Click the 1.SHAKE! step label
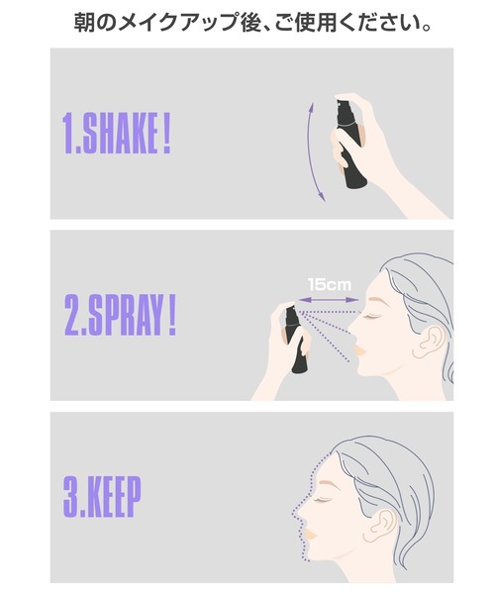[x=116, y=134]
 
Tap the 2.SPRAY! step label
[x=120, y=316]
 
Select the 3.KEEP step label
[x=102, y=497]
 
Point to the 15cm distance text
[x=329, y=284]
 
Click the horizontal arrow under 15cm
[x=329, y=300]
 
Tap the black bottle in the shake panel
[x=349, y=144]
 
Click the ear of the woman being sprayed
[x=430, y=343]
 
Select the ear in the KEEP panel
[x=380, y=526]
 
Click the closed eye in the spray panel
[x=371, y=316]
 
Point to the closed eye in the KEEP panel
[x=322, y=499]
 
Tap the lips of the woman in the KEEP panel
[x=309, y=535]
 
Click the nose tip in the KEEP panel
[x=298, y=512]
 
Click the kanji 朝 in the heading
[x=84, y=23]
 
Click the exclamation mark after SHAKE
[x=166, y=134]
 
